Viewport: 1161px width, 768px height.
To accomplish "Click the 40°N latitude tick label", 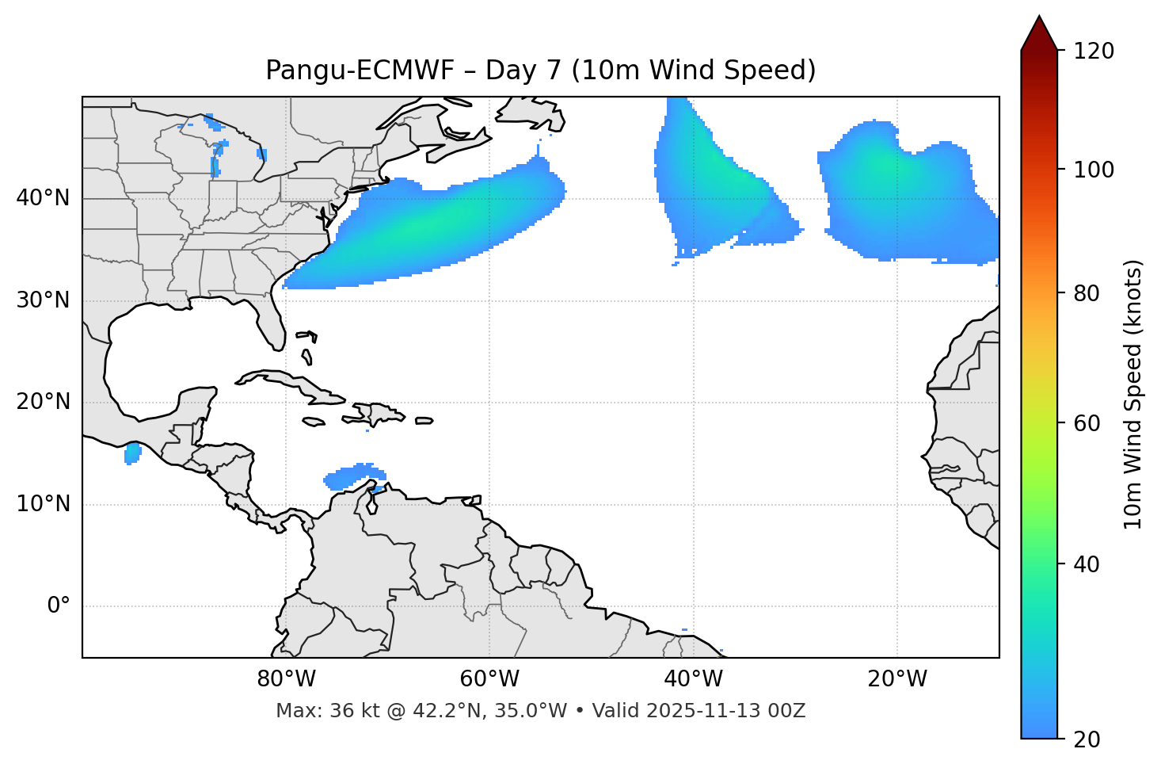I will click(x=43, y=198).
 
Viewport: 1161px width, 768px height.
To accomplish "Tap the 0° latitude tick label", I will click(x=59, y=606).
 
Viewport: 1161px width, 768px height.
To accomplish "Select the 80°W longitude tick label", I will click(x=286, y=679).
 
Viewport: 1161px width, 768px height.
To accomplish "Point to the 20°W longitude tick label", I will click(x=897, y=679).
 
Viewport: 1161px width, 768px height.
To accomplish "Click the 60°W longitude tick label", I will click(x=489, y=679).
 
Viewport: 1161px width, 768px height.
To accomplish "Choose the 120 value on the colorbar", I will click(x=1094, y=52).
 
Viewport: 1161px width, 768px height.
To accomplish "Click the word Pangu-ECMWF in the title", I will click(x=360, y=71).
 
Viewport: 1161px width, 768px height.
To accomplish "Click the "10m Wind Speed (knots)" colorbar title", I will click(x=1133, y=395).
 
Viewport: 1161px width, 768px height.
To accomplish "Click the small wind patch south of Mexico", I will click(x=132, y=453).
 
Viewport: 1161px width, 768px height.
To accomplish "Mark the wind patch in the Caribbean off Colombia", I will click(x=352, y=476).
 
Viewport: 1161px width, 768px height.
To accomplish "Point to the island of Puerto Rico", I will click(x=424, y=421).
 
